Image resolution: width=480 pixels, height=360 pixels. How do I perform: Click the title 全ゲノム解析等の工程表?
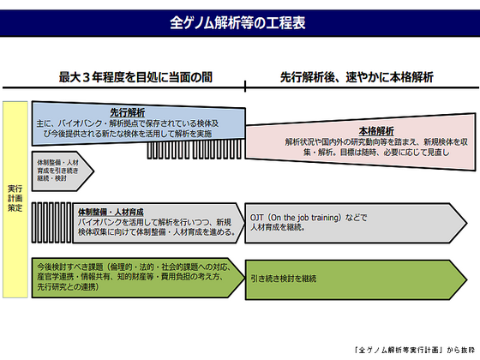240,18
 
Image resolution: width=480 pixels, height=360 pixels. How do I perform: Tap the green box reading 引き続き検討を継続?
285,279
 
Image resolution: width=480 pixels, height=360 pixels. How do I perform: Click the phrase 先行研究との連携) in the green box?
68,287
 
